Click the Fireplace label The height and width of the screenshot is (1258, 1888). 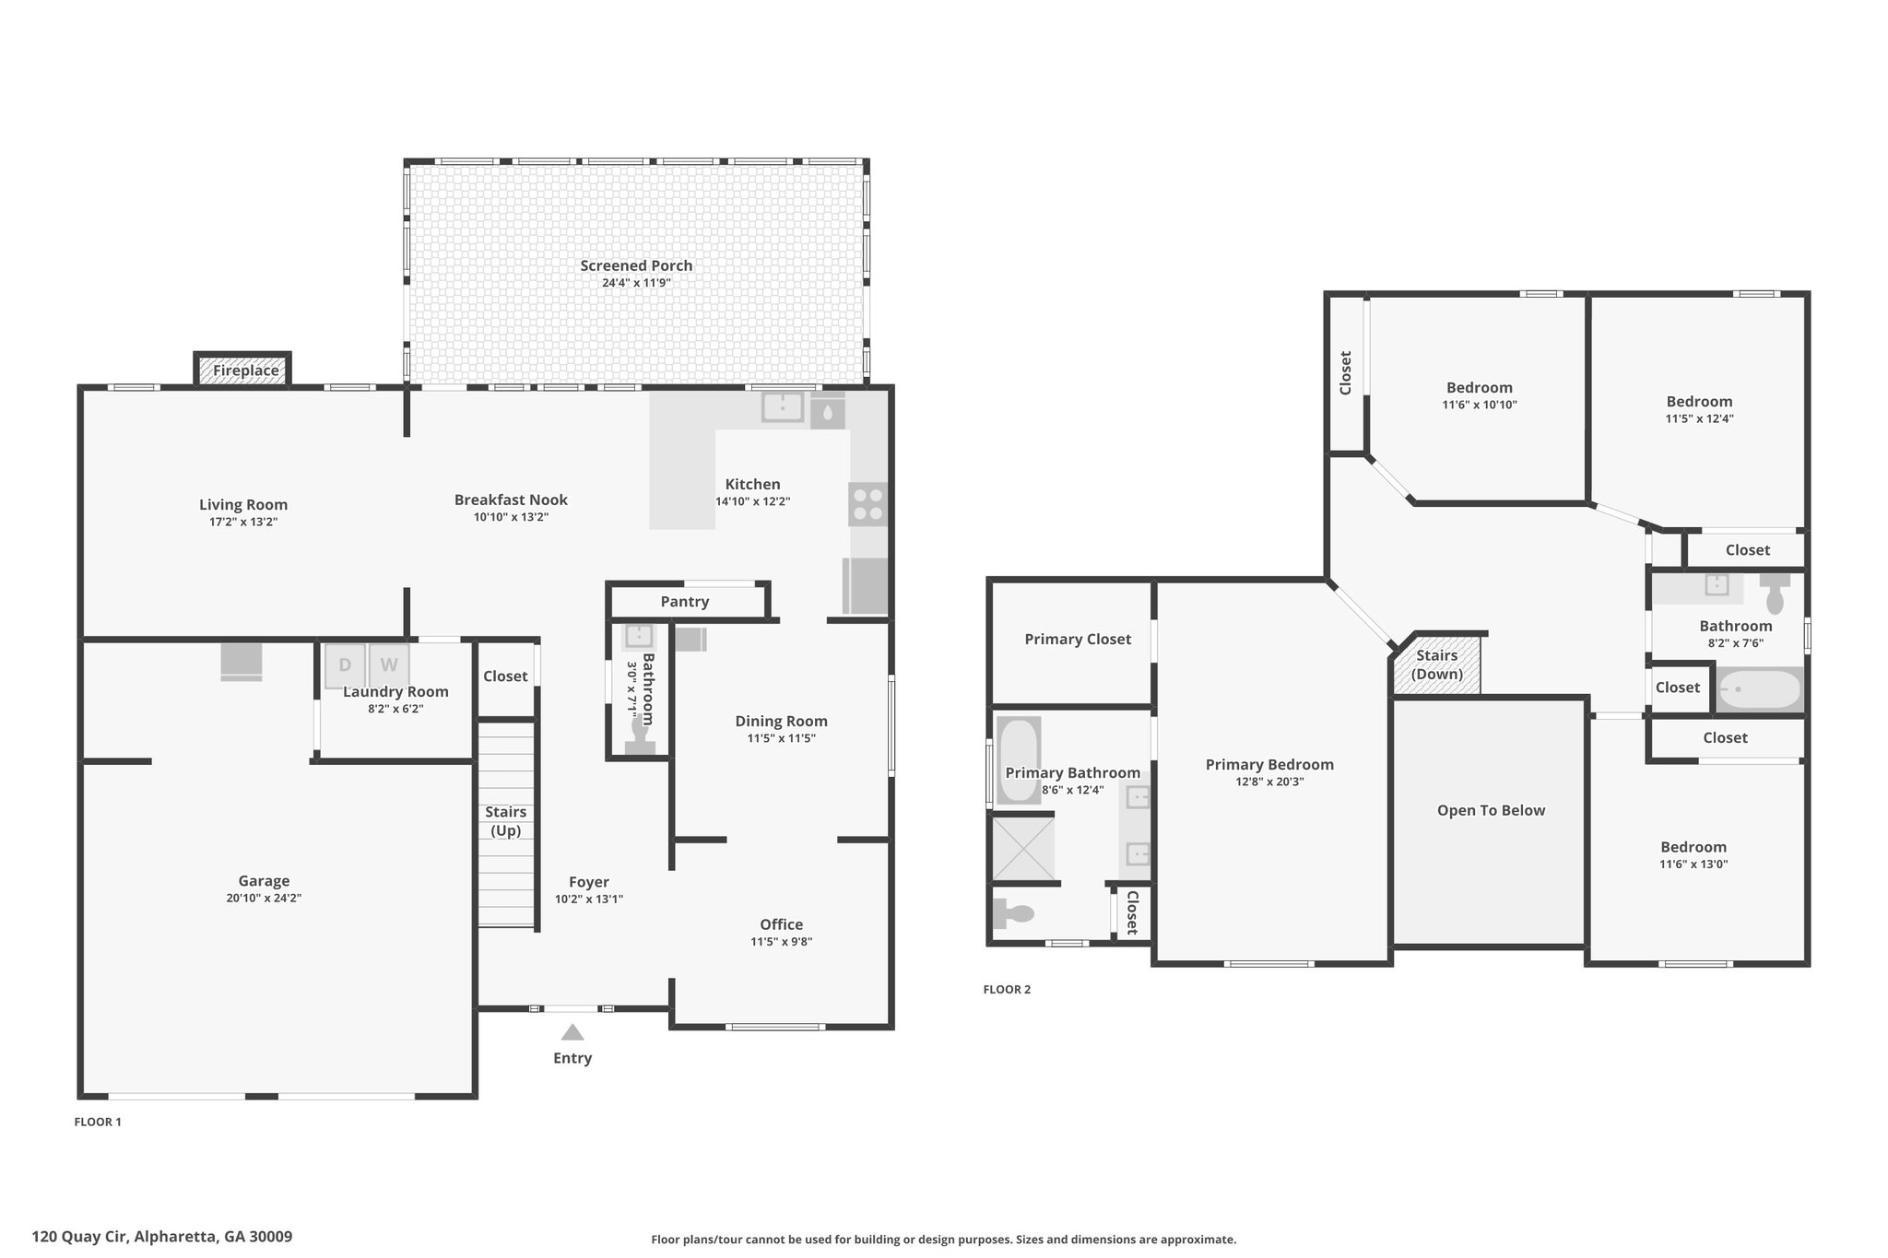pyautogui.click(x=245, y=370)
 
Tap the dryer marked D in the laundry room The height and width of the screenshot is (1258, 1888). pyautogui.click(x=345, y=665)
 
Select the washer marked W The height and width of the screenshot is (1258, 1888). pyautogui.click(x=389, y=665)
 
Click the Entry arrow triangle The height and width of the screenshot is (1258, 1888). pyautogui.click(x=572, y=1032)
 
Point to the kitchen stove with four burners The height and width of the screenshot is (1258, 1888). pyautogui.click(x=867, y=504)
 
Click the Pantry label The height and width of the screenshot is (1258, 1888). pyautogui.click(x=685, y=602)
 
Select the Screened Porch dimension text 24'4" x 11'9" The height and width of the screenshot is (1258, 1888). pyautogui.click(x=636, y=283)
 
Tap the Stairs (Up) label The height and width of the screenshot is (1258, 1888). pyautogui.click(x=506, y=821)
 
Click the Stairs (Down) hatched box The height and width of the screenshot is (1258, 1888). pyautogui.click(x=1436, y=664)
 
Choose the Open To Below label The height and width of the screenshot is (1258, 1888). pyautogui.click(x=1491, y=811)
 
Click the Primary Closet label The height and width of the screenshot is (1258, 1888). pyautogui.click(x=1078, y=640)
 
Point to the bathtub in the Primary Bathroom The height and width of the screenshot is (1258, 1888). pyautogui.click(x=1019, y=759)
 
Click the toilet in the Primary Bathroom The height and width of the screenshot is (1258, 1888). pyautogui.click(x=1012, y=914)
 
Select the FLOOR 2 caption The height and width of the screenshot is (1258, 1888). pyautogui.click(x=1007, y=990)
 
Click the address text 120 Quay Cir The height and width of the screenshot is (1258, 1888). pyautogui.click(x=80, y=1237)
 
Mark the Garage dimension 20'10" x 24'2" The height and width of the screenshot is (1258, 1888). pyautogui.click(x=264, y=898)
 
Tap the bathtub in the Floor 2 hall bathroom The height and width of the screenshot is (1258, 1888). pyautogui.click(x=1759, y=689)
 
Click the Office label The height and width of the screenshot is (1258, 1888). pyautogui.click(x=782, y=924)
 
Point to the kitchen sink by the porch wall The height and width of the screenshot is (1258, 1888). pyautogui.click(x=783, y=406)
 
